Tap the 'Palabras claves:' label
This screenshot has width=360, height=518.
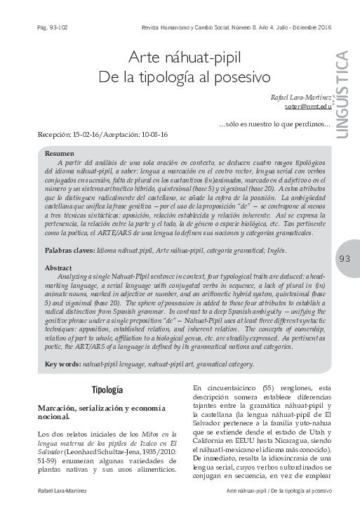click(x=69, y=250)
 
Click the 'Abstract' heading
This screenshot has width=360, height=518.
click(x=59, y=268)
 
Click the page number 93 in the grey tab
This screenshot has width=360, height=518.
click(x=345, y=258)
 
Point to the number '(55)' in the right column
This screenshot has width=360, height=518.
click(x=260, y=387)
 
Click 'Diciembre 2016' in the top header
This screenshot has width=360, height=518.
click(x=312, y=29)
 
